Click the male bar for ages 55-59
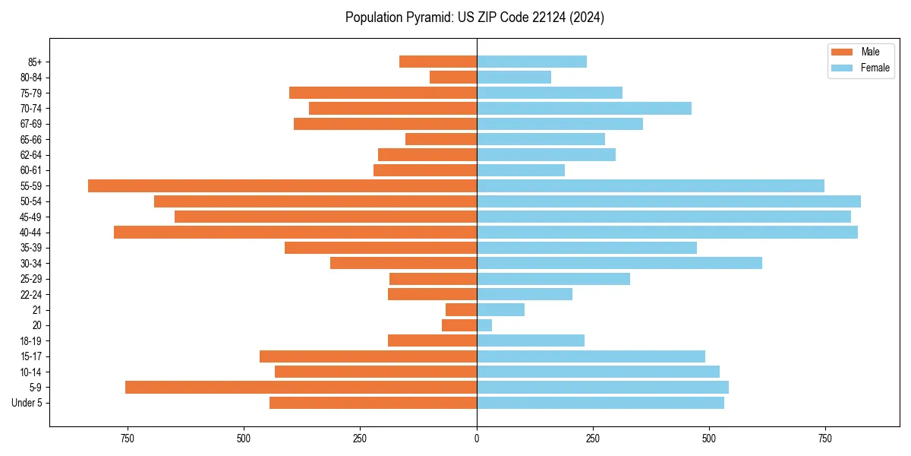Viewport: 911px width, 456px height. click(x=282, y=185)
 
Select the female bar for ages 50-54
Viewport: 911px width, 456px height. click(x=668, y=201)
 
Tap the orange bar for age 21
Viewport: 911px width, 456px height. click(x=461, y=310)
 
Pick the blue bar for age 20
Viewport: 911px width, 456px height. click(x=484, y=325)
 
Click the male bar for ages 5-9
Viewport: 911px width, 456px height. click(x=301, y=388)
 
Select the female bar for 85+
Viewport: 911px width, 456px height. click(x=531, y=62)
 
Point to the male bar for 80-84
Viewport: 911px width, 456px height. click(x=453, y=78)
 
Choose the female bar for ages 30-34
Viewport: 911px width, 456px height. click(x=619, y=263)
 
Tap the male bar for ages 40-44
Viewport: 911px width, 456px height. click(x=295, y=232)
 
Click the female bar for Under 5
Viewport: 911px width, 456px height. click(x=600, y=403)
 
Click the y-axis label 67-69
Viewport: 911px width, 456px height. click(x=30, y=124)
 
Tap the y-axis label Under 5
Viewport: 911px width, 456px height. click(x=27, y=403)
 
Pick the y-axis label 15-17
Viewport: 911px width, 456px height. click(x=30, y=356)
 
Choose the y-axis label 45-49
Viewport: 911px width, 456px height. click(x=30, y=217)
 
